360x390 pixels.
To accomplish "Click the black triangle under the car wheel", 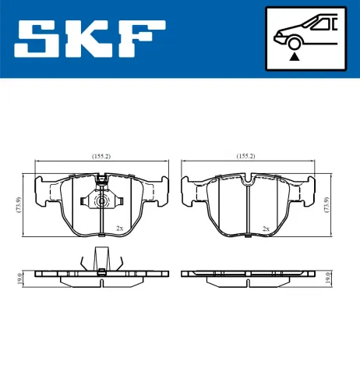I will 295,55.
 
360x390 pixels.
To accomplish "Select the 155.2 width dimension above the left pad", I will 101,157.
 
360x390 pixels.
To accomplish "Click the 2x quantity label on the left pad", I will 119,228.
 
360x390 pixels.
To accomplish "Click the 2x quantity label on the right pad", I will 266,228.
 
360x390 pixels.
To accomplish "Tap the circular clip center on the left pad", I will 101,202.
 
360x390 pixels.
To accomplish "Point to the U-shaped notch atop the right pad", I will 247,184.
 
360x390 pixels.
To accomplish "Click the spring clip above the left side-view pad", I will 101,259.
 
